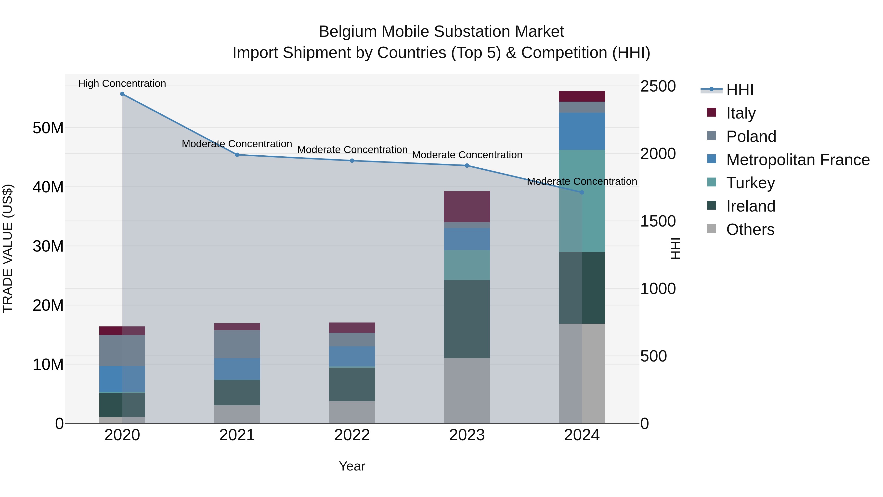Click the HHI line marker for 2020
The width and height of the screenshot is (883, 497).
[122, 94]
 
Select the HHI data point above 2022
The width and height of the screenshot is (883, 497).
[352, 161]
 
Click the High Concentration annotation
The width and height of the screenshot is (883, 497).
[122, 83]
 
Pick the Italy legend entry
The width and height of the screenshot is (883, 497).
[740, 113]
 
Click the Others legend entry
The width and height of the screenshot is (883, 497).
[750, 229]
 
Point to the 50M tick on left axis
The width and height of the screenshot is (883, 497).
[48, 128]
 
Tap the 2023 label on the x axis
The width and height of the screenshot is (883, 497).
[467, 435]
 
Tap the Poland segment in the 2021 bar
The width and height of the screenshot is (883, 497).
[237, 344]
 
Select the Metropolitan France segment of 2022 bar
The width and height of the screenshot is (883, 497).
[352, 356]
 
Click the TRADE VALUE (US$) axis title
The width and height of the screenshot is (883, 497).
[8, 248]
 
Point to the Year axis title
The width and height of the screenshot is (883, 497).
[352, 466]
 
